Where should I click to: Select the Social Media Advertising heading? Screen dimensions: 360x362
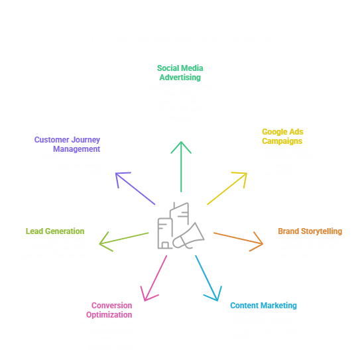[x=180, y=72]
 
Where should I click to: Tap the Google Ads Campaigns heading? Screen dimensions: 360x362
[x=283, y=136]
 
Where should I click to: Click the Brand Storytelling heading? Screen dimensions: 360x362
[x=310, y=231]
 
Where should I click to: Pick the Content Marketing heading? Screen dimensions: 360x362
[x=263, y=305]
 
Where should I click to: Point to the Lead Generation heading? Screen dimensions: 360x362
[x=55, y=231]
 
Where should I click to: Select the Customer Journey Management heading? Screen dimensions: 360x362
[x=68, y=144]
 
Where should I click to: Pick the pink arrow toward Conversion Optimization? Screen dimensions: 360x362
[x=153, y=278]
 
